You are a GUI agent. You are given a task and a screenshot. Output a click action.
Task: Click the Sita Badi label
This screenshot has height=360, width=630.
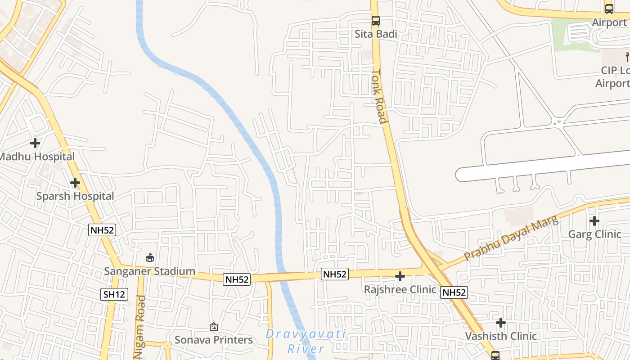click(376, 34)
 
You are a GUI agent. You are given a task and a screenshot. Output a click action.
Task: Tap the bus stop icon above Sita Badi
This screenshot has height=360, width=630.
click(375, 21)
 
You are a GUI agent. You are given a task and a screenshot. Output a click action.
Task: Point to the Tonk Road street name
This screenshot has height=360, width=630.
click(379, 96)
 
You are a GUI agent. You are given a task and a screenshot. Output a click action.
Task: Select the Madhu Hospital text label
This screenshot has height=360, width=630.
click(37, 157)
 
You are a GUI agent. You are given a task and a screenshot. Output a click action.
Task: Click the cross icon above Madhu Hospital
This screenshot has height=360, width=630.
click(35, 144)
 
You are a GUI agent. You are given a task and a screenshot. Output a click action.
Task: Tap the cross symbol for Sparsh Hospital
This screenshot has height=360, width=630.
click(75, 183)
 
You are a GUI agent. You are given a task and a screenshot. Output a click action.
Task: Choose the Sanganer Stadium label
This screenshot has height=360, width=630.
click(149, 271)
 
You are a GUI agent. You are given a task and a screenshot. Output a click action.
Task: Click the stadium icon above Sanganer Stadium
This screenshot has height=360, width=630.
click(149, 258)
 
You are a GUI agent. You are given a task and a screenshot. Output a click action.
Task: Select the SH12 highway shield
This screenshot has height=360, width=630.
click(114, 294)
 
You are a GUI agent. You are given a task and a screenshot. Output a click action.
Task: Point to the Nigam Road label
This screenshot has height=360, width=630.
click(140, 327)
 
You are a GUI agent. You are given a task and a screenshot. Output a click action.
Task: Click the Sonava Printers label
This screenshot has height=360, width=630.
click(213, 340)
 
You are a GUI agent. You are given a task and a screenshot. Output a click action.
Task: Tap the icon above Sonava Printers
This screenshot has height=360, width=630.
click(214, 327)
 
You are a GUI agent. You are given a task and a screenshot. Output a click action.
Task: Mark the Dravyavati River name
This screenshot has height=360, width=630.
click(306, 341)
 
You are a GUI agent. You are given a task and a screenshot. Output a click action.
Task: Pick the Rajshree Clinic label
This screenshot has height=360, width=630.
click(400, 289)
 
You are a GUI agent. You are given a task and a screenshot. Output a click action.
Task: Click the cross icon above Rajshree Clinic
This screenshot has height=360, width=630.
click(400, 276)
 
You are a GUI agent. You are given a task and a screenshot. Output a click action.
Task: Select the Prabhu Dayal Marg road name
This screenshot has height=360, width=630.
click(511, 238)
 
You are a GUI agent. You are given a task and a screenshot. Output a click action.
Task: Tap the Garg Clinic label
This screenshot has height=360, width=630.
click(594, 234)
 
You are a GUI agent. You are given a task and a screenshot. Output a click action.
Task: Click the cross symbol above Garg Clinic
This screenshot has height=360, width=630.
click(594, 221)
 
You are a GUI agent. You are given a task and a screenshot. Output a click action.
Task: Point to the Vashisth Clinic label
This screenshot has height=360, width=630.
click(500, 336)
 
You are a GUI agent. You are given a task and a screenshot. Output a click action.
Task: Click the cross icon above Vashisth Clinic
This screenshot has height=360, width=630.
click(501, 323)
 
